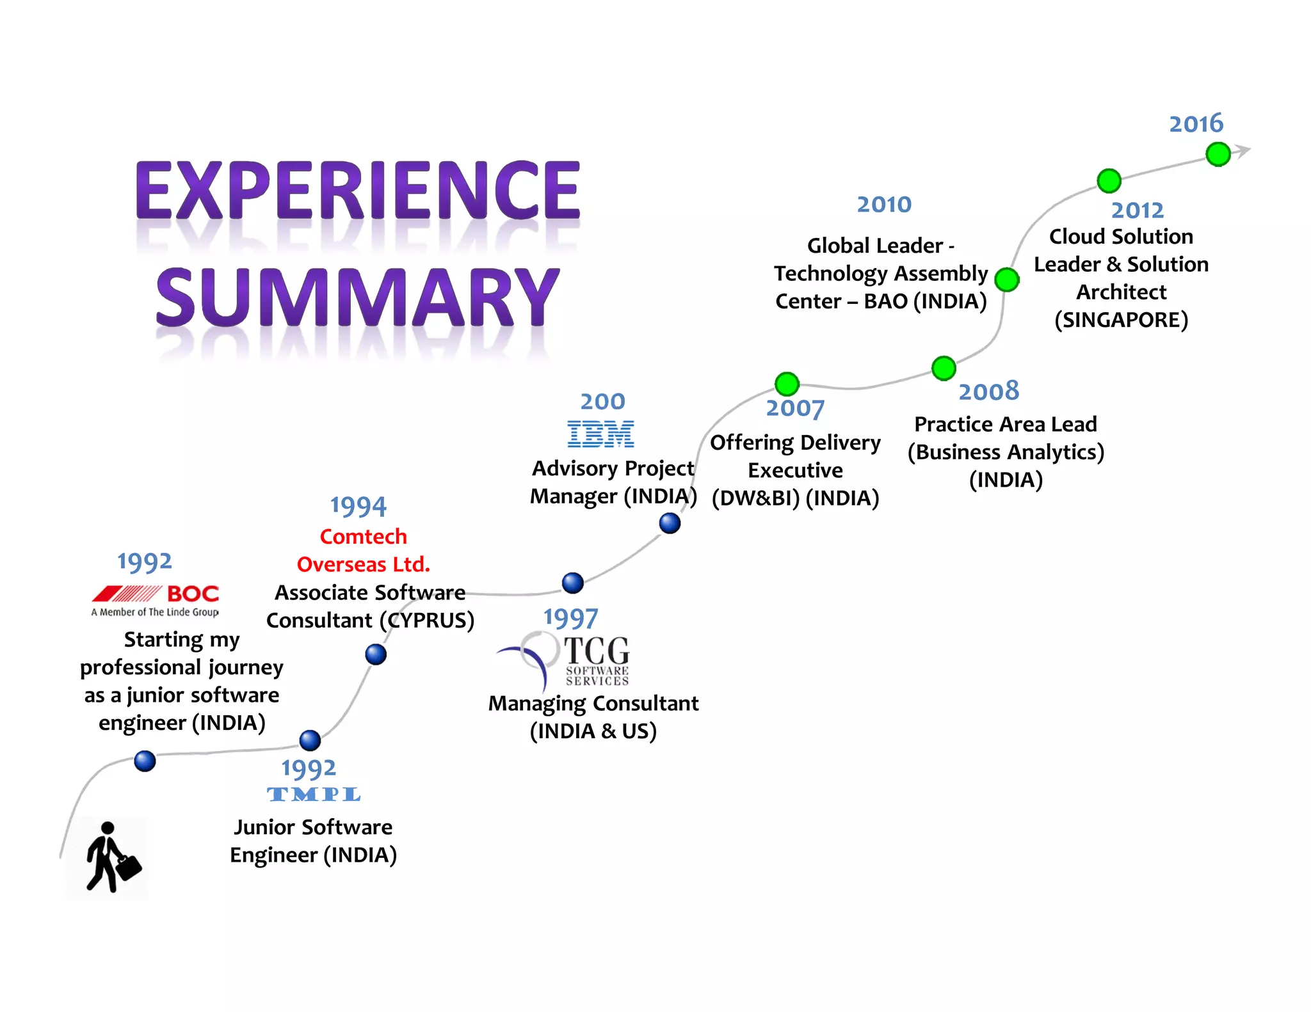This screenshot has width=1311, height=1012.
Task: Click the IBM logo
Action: coord(600,434)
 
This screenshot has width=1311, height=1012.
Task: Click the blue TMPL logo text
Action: coord(314,795)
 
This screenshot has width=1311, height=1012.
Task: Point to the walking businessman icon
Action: coord(111,857)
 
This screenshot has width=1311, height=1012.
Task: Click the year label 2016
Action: coord(1196,123)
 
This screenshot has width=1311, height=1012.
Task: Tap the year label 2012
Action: coord(1137,210)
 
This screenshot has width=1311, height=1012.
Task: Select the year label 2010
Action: coord(884,205)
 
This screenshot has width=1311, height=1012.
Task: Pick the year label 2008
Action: coord(988,391)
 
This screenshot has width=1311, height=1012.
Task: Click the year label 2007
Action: coord(795,408)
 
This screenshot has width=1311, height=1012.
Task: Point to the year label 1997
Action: coord(570,619)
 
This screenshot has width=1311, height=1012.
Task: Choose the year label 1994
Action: coord(358,507)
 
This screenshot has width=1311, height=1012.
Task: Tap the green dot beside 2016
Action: coord(1218,154)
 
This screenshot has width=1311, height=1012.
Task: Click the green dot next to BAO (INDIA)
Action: coord(1007,280)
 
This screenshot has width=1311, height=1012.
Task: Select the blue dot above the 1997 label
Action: coord(572,583)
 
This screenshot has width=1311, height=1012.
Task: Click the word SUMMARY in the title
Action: coord(357,297)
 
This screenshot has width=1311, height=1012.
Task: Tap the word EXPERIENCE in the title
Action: coord(357,190)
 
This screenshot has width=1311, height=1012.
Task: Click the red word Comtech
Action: coord(363,536)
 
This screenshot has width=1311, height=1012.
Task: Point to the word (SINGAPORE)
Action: coord(1121,319)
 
